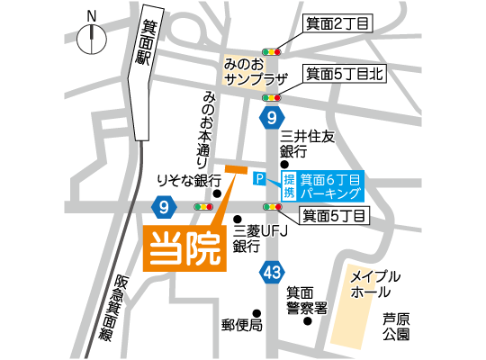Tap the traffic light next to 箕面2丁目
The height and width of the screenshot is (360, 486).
[271, 51]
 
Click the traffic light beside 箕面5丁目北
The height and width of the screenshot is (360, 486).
[271, 98]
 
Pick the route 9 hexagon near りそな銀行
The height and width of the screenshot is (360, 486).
[164, 208]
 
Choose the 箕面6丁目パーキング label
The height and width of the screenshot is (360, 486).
[330, 185]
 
